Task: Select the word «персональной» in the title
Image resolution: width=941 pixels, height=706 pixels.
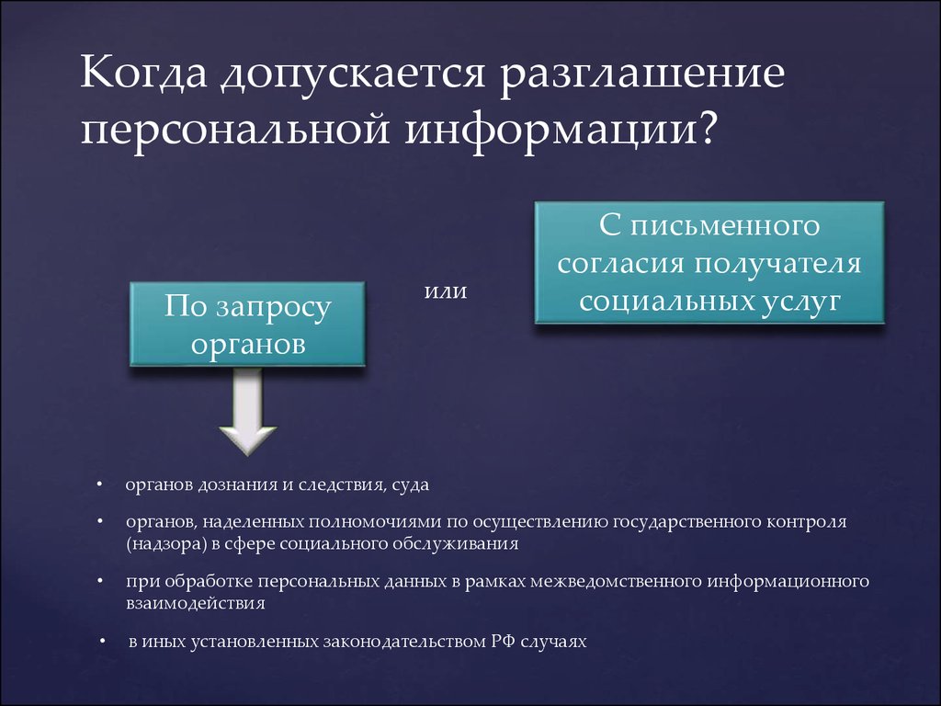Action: [235, 130]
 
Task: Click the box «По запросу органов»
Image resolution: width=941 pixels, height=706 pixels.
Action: [247, 324]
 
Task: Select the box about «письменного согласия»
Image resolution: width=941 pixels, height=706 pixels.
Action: [709, 263]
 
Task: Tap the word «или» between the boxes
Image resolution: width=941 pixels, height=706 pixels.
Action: [446, 291]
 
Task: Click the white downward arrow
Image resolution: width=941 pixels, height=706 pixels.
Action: [247, 411]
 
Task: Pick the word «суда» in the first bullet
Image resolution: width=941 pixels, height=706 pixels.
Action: [411, 485]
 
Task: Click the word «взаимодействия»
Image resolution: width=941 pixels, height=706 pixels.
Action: [195, 603]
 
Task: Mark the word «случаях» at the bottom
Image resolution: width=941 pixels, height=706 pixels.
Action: [553, 642]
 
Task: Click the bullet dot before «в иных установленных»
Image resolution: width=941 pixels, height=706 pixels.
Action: [103, 642]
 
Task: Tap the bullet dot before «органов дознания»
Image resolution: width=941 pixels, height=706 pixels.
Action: [99, 484]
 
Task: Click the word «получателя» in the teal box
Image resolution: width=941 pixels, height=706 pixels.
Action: [778, 264]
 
